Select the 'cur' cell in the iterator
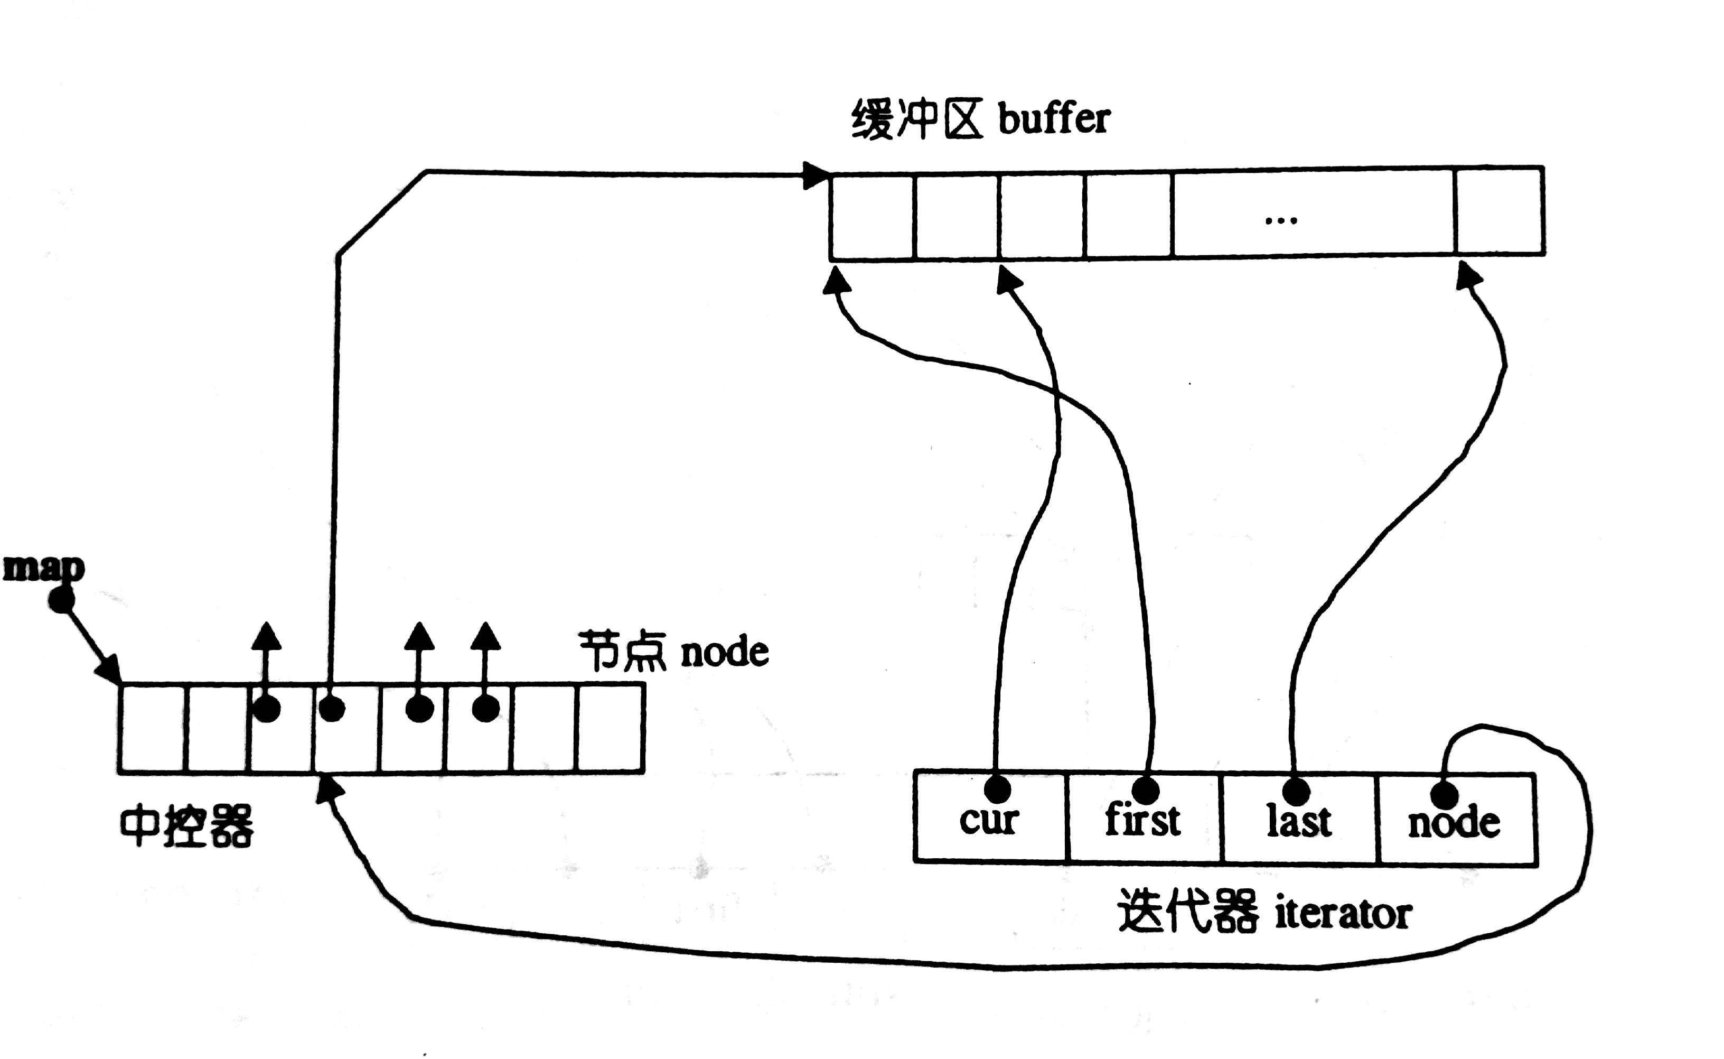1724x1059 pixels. click(x=990, y=820)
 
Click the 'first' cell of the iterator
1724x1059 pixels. click(x=1144, y=820)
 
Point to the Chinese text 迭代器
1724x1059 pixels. click(x=1187, y=912)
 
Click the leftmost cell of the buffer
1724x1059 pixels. click(x=872, y=216)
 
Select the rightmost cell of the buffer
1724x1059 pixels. click(x=1500, y=211)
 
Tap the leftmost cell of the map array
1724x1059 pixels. click(x=153, y=728)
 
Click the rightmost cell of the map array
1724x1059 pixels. click(x=611, y=728)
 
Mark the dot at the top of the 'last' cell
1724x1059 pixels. click(x=1296, y=792)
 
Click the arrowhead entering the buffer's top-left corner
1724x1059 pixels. click(x=816, y=175)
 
